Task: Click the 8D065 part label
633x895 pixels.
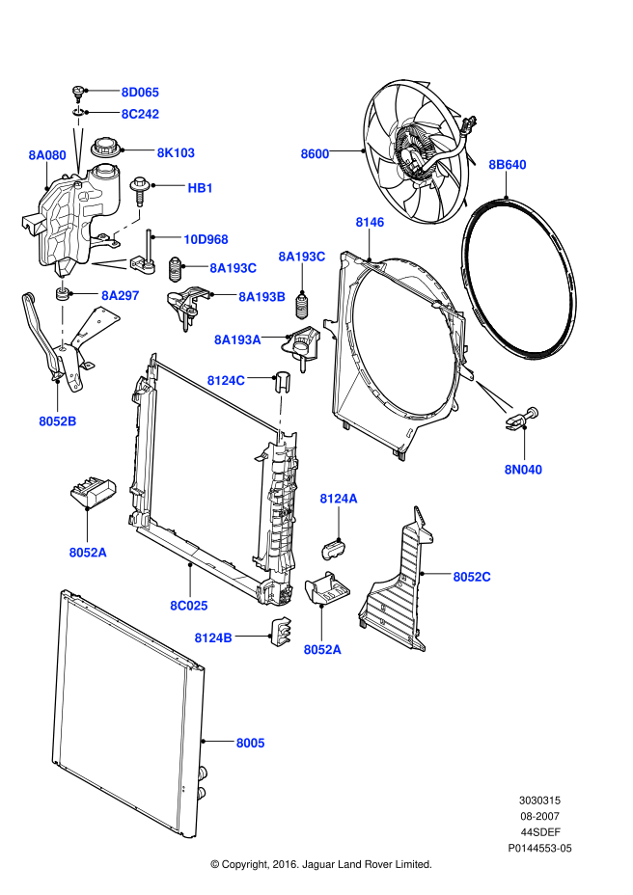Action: click(140, 93)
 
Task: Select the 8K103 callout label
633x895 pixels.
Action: click(176, 152)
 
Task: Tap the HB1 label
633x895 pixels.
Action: click(200, 187)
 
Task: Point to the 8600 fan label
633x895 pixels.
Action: click(315, 153)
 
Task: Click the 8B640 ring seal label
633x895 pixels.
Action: click(507, 165)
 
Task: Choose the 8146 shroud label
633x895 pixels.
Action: click(370, 223)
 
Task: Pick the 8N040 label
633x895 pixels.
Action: click(523, 470)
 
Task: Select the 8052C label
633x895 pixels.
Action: click(472, 577)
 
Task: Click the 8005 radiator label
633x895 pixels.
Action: click(250, 743)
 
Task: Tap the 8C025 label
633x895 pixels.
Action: click(189, 605)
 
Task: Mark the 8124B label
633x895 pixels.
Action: click(213, 637)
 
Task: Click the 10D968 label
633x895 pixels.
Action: click(206, 238)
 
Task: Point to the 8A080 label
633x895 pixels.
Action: click(46, 154)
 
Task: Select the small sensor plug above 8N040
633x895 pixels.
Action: click(521, 418)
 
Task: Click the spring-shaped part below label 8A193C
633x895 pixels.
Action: click(302, 305)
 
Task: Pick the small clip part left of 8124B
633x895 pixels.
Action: click(281, 631)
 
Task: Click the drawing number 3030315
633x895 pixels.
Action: click(540, 800)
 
